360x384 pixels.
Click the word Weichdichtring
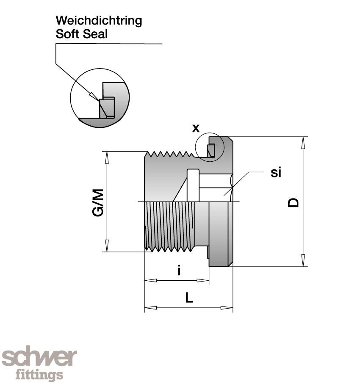(x=99, y=20)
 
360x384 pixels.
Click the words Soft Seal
(x=82, y=34)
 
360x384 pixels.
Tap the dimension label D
(x=293, y=202)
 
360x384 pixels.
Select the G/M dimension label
(x=98, y=202)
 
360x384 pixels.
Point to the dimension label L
(x=189, y=298)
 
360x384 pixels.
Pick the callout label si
(x=276, y=172)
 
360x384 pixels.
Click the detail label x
(x=196, y=128)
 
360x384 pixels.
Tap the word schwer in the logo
(x=39, y=358)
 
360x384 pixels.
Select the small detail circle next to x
(x=208, y=148)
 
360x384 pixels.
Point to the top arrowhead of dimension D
(x=303, y=142)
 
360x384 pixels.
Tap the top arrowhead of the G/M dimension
(x=107, y=157)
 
